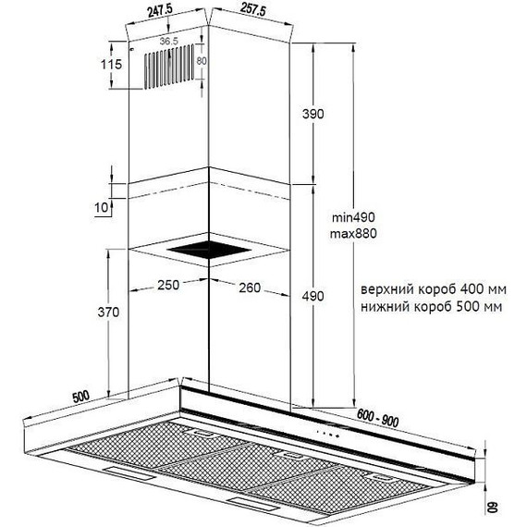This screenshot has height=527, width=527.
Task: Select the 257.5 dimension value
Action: click(x=253, y=10)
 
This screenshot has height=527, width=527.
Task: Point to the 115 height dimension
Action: click(x=111, y=64)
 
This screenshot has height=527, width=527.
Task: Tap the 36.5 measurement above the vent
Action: click(x=168, y=42)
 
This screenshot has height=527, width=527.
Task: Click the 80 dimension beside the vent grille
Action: click(x=202, y=61)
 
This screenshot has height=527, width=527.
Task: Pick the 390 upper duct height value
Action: click(x=313, y=114)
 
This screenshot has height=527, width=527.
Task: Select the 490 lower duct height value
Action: click(x=313, y=296)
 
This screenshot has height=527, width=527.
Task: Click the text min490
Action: click(x=353, y=217)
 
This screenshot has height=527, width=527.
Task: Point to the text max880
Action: click(x=353, y=233)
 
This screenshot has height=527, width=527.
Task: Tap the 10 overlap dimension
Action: click(x=102, y=207)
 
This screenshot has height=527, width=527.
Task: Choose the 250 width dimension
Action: click(x=168, y=285)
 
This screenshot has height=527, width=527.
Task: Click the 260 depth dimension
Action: click(x=250, y=288)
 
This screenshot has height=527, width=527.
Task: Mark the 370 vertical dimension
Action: click(x=108, y=313)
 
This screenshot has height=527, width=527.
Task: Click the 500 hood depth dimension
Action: click(x=81, y=397)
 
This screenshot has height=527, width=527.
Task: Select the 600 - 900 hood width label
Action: click(x=377, y=419)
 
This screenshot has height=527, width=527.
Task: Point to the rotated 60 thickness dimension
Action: click(x=492, y=509)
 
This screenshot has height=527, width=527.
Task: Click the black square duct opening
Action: click(x=209, y=251)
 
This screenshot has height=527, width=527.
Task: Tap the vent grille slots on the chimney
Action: click(x=169, y=67)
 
